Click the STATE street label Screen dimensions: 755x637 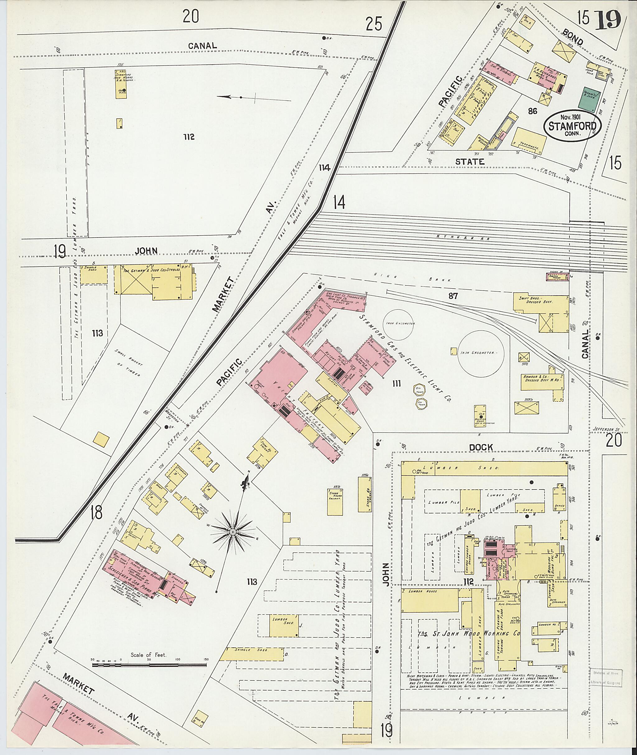(x=469, y=162)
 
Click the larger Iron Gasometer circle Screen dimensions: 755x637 (x=483, y=352)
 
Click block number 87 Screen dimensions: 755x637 (x=453, y=296)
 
